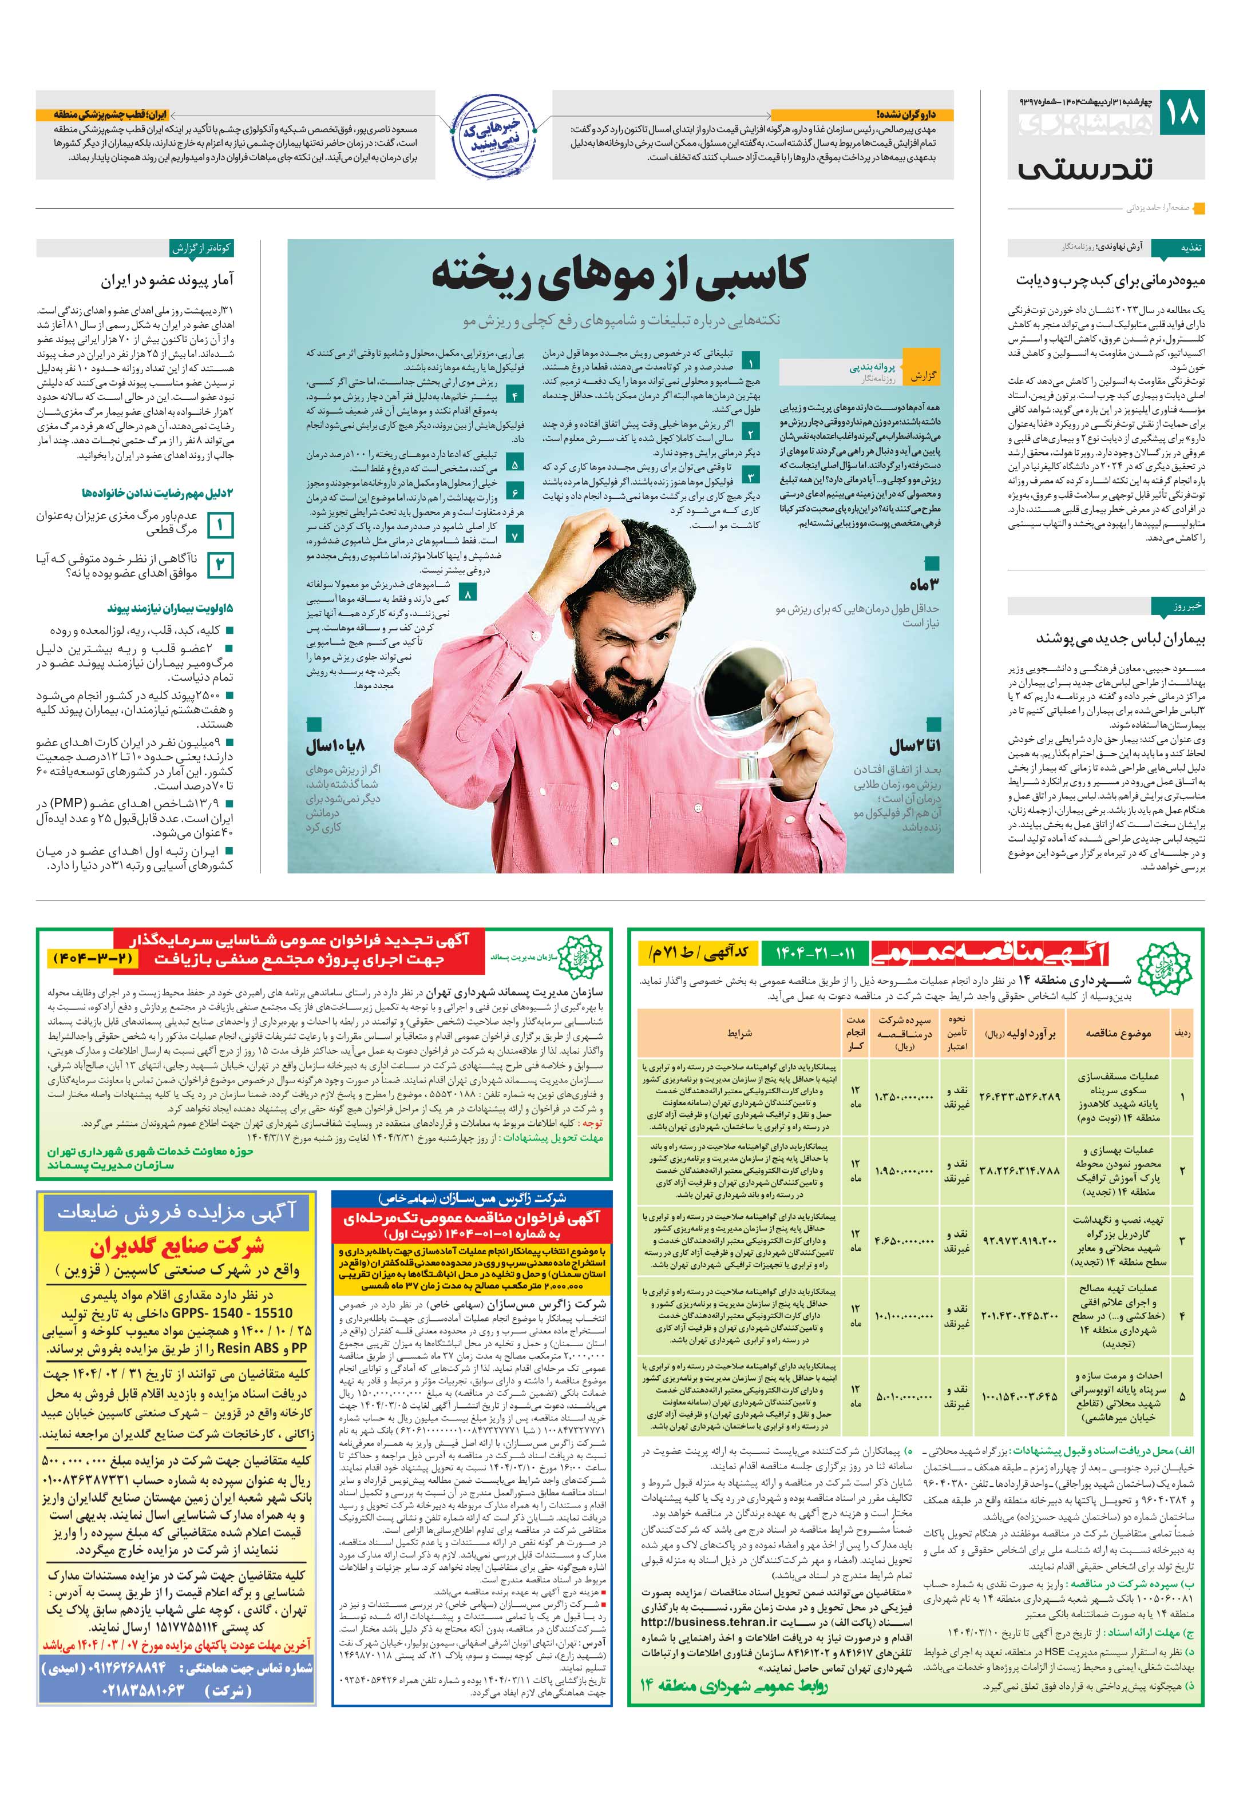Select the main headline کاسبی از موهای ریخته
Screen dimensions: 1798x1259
tap(620, 276)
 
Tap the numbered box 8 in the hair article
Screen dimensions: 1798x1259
tap(468, 594)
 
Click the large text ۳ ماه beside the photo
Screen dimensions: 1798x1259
tap(924, 585)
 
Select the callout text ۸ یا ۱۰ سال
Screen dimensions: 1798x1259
tap(335, 745)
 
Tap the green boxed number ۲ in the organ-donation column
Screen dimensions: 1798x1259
tap(220, 565)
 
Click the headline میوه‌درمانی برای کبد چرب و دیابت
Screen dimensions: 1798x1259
tap(1110, 280)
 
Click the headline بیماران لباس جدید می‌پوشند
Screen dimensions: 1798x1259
tap(1121, 639)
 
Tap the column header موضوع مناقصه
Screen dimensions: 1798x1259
tap(1118, 1034)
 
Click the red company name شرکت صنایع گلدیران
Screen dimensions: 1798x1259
tap(176, 1246)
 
